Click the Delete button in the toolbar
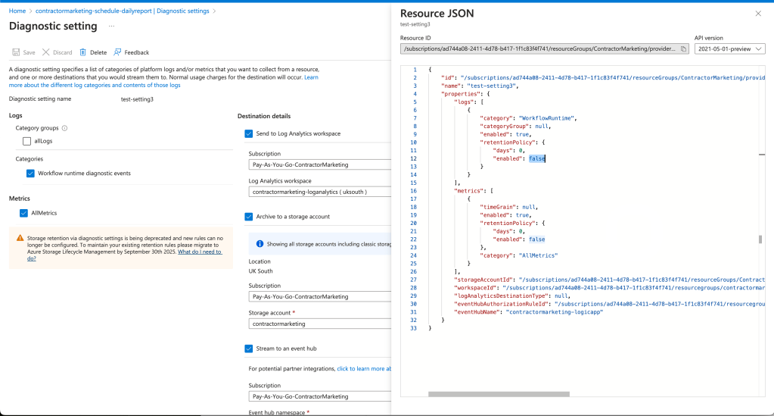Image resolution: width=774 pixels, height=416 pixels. click(93, 52)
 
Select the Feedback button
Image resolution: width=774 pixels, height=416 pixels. click(132, 52)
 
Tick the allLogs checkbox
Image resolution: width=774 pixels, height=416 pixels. click(26, 142)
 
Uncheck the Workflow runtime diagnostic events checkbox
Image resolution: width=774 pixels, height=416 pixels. click(30, 174)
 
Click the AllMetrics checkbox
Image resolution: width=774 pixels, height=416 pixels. click(23, 213)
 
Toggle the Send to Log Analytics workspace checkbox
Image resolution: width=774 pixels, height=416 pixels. click(249, 133)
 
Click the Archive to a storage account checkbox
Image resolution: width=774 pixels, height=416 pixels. click(249, 217)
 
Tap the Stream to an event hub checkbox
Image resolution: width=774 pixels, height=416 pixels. click(249, 349)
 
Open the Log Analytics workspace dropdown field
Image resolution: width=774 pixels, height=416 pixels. click(320, 192)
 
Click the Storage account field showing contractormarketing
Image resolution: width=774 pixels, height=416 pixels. click(320, 324)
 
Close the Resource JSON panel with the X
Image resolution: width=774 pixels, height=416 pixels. click(758, 14)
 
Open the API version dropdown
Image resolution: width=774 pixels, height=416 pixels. click(729, 49)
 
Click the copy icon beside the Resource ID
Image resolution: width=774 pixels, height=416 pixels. click(684, 49)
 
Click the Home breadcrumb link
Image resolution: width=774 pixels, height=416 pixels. click(17, 11)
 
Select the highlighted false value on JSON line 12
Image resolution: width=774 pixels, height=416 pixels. click(537, 159)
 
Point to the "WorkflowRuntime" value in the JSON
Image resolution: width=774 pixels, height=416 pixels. click(547, 118)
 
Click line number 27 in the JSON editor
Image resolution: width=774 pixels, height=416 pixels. click(413, 280)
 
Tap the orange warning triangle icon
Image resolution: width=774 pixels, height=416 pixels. click(20, 238)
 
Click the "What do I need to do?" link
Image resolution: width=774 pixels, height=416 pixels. click(124, 255)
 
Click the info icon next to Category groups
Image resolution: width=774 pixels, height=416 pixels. click(64, 128)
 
